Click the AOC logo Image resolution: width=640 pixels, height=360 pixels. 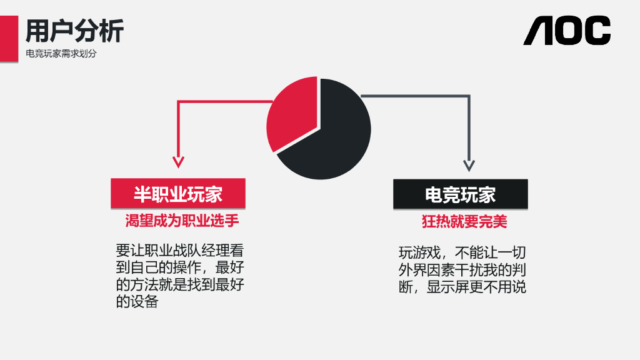[x=567, y=31]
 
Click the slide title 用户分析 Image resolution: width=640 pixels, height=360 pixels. [x=74, y=30]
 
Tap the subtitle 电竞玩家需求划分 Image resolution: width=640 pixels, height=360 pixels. [x=61, y=54]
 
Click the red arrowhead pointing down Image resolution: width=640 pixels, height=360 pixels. [x=179, y=162]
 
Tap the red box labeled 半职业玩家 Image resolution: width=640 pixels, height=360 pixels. [x=178, y=194]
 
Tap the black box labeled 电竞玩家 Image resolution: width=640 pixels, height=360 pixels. [x=461, y=194]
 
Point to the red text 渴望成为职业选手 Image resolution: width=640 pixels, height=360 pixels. [x=182, y=221]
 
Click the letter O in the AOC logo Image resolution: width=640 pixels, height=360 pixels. [x=567, y=31]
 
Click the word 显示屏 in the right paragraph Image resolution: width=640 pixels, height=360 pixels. [x=449, y=287]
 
